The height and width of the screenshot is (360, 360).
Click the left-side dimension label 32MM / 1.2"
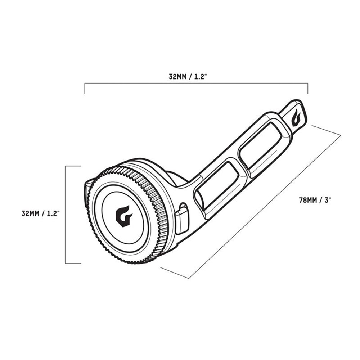coord(41,213)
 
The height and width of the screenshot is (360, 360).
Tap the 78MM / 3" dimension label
coord(315,200)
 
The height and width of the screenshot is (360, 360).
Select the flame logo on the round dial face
coord(124,216)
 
